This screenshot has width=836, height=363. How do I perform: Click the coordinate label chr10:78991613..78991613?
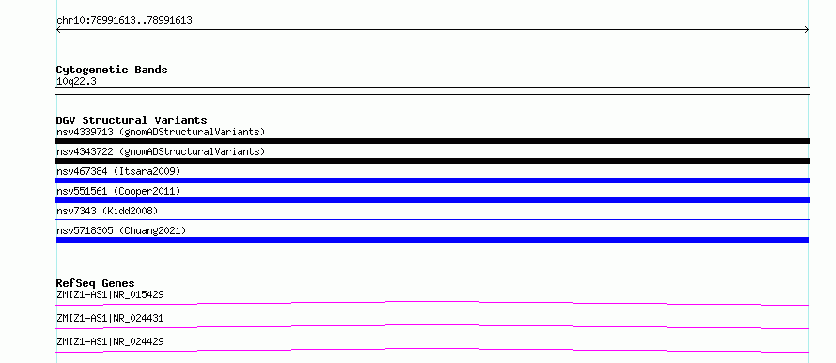click(124, 21)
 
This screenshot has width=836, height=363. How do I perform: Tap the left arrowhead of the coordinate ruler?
click(58, 30)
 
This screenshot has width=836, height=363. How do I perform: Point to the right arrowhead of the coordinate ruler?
click(807, 30)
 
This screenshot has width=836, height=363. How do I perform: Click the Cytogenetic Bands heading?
click(112, 70)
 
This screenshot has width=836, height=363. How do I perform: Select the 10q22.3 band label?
click(76, 82)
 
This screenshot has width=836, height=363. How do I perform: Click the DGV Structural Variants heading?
click(132, 120)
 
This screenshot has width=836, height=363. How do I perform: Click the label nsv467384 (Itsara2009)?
click(118, 171)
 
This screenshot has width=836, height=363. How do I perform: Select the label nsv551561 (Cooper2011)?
click(118, 191)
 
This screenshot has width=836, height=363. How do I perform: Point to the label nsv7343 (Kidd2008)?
click(107, 211)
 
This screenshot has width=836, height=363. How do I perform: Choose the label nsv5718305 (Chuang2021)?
click(121, 230)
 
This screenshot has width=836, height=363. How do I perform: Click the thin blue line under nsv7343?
click(432, 219)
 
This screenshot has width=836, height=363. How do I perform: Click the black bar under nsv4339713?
click(432, 141)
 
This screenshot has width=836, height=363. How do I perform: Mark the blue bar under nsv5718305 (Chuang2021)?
click(432, 240)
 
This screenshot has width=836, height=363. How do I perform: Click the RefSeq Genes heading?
click(96, 283)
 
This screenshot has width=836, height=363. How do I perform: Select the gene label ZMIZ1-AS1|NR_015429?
click(110, 294)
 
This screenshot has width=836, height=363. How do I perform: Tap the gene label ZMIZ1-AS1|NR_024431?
click(110, 318)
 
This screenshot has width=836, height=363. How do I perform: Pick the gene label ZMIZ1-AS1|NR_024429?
click(110, 341)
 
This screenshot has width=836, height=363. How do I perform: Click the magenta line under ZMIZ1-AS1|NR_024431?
click(432, 325)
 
